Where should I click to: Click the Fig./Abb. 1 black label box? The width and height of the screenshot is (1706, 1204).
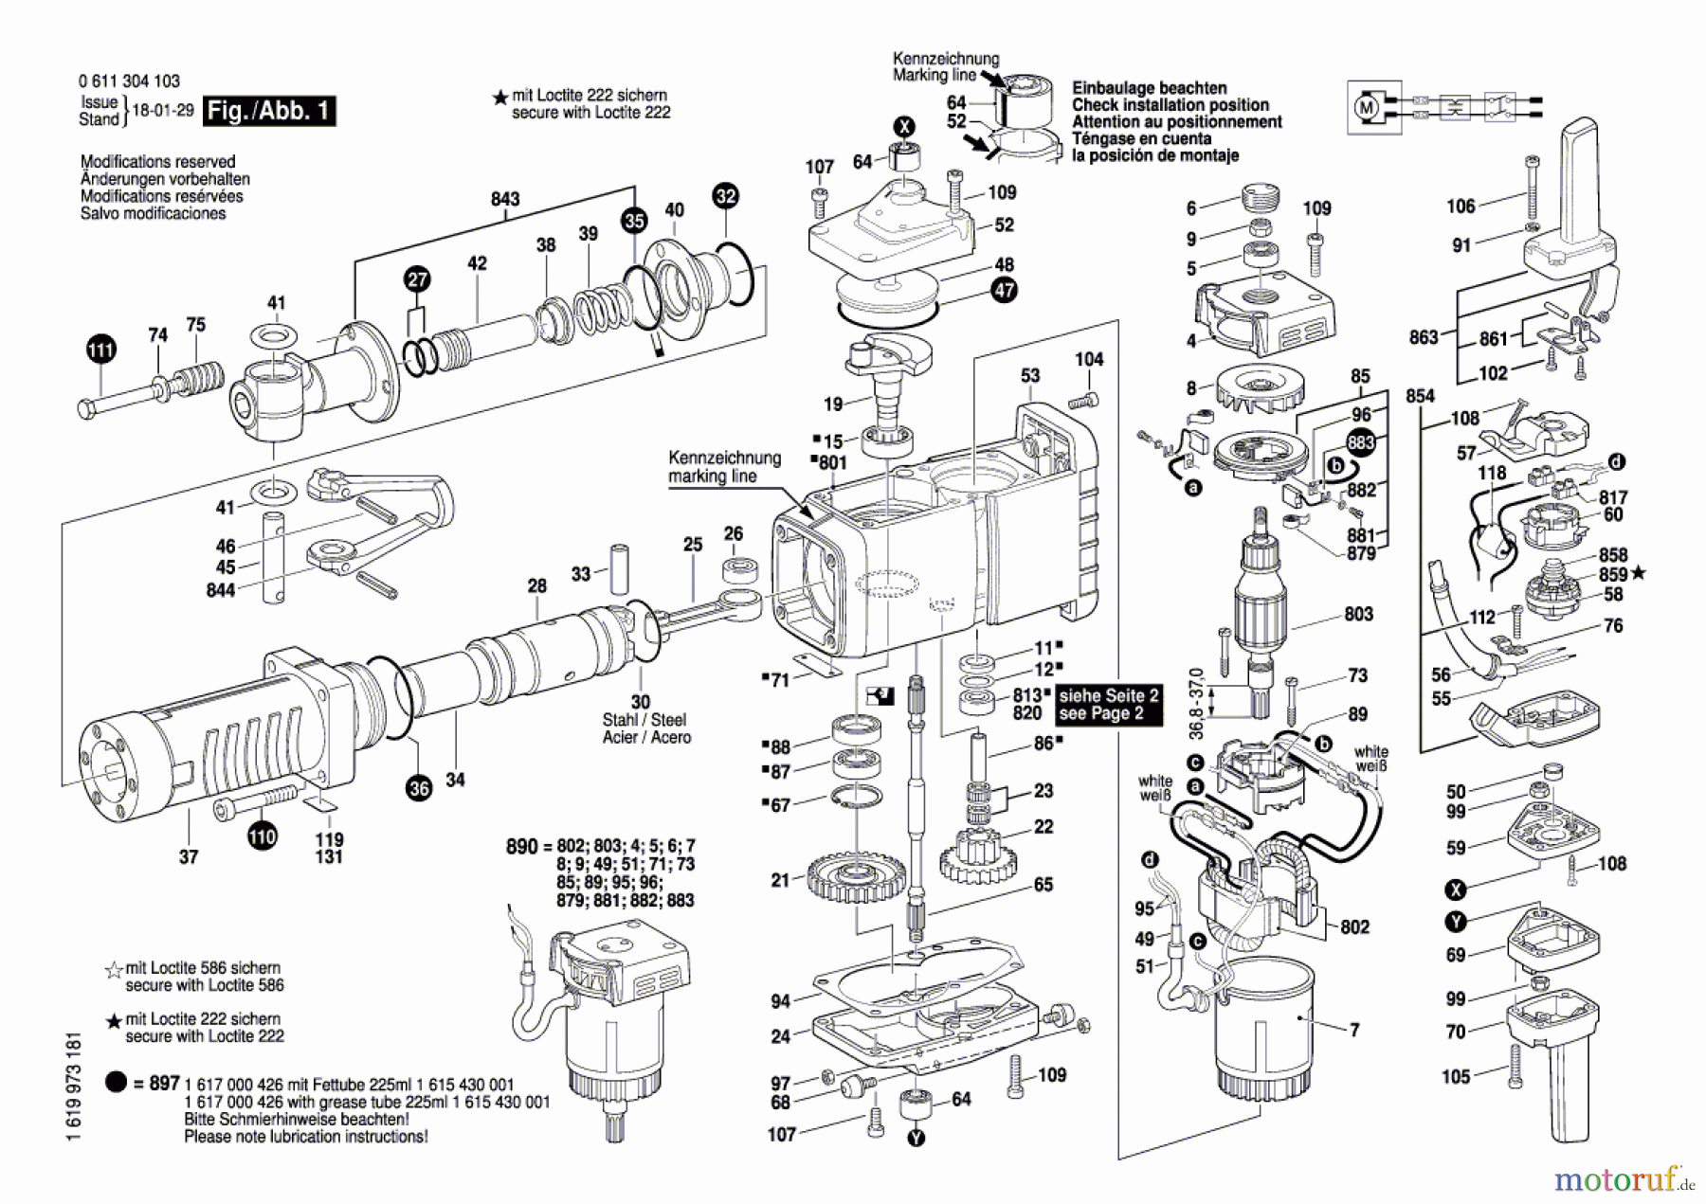click(269, 111)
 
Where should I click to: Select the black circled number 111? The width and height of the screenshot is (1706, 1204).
click(100, 349)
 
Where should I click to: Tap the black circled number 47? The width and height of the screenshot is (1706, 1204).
click(1004, 290)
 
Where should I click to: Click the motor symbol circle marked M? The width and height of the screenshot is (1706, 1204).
click(1367, 108)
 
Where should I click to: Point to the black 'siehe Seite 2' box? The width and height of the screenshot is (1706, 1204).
click(1109, 704)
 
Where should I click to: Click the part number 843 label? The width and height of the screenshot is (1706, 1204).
click(505, 199)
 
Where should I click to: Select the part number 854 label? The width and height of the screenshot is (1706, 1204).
click(1420, 396)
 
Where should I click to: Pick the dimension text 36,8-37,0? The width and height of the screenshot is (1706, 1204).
click(1195, 704)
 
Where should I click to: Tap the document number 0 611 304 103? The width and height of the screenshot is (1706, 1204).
click(129, 81)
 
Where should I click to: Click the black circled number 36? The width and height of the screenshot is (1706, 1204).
click(419, 787)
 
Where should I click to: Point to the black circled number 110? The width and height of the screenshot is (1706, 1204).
click(263, 836)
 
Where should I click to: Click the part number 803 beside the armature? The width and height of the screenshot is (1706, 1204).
click(1358, 614)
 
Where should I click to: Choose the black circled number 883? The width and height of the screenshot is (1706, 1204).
click(1361, 442)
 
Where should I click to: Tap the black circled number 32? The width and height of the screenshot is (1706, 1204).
click(725, 196)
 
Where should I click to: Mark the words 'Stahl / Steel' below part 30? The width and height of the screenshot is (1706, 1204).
click(644, 720)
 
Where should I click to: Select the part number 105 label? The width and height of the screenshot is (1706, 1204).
click(1456, 1076)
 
